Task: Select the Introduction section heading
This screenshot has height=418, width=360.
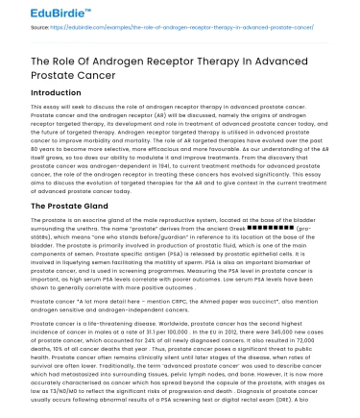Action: coord(44,94)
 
